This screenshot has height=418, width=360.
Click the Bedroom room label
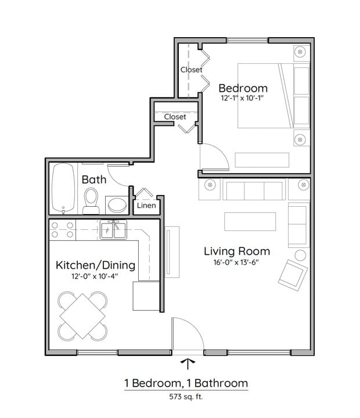[x=243, y=88]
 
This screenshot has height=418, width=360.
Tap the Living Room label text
[x=236, y=251]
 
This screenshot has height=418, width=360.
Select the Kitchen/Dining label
[x=95, y=265]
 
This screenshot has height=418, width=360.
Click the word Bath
[x=93, y=179]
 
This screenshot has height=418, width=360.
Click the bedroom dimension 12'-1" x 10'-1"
[x=243, y=99]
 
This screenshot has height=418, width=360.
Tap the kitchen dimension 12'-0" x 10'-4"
[x=95, y=277]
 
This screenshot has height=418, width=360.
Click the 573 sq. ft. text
[x=186, y=398]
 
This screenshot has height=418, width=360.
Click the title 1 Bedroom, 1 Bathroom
[x=186, y=383]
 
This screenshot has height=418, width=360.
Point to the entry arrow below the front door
[x=188, y=364]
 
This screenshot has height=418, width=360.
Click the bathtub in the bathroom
[x=63, y=189]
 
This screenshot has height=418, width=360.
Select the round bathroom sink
[x=117, y=205]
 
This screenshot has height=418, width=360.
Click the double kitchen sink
[x=114, y=230]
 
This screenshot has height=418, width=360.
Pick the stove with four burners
[x=62, y=230]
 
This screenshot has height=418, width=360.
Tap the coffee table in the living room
[x=250, y=221]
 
